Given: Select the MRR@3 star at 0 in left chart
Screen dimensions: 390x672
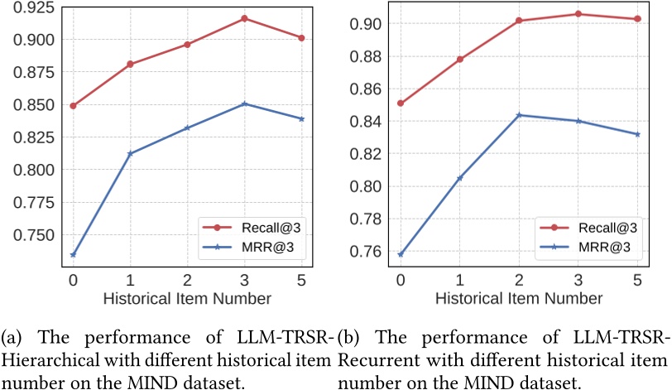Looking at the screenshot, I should (73, 254).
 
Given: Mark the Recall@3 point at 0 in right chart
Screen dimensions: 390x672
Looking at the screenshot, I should (401, 104).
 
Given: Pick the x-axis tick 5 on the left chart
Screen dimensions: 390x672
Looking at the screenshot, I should (301, 280).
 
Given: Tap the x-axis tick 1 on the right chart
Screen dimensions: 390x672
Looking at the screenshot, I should (459, 280).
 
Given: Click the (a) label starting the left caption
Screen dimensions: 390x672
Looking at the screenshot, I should (12, 339).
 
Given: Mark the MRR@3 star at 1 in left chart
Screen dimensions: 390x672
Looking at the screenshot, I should (130, 153).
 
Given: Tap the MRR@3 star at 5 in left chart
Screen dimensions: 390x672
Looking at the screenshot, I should (301, 118).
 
